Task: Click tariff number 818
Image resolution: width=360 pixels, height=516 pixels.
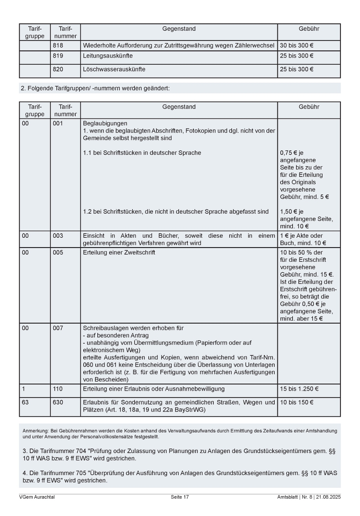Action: coord(58,45)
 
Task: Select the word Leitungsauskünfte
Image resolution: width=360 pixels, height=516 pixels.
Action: coord(107,56)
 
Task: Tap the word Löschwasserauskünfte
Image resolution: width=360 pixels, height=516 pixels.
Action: coord(114,69)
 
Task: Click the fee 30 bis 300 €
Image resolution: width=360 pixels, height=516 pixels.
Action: coord(296,45)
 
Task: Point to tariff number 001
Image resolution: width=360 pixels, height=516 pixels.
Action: coord(58,123)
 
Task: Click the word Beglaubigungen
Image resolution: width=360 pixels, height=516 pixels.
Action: coord(105,123)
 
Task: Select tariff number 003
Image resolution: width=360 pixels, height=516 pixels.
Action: coord(58,236)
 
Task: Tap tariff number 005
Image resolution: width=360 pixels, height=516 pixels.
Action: coord(58,252)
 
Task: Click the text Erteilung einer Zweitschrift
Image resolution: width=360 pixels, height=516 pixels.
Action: coord(119,252)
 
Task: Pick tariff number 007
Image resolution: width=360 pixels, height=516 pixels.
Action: coord(58,328)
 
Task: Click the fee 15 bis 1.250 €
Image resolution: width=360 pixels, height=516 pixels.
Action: coord(299,389)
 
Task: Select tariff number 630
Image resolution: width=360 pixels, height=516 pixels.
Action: coord(58,402)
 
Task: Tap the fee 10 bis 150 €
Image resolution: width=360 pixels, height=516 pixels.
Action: coord(296,402)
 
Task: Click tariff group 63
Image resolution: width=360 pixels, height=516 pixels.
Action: coord(25,402)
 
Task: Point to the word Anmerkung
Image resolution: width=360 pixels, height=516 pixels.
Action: coord(35,431)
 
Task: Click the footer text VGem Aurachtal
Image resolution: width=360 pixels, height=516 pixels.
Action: coord(37,497)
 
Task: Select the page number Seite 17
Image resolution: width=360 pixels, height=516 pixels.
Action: coord(180,497)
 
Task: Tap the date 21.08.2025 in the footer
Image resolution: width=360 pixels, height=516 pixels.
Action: coord(330,497)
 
